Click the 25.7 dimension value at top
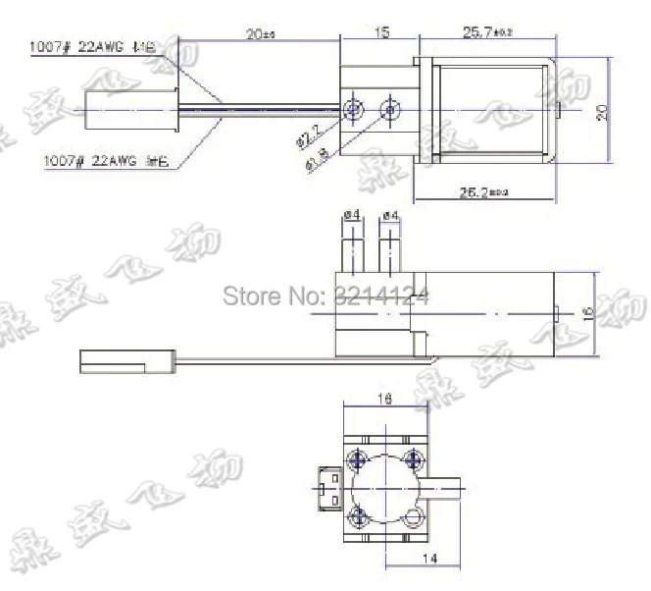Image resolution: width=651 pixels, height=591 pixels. tap(486, 32)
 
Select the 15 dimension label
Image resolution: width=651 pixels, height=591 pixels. tap(381, 32)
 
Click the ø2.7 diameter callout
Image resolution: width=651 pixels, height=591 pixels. tap(307, 134)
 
